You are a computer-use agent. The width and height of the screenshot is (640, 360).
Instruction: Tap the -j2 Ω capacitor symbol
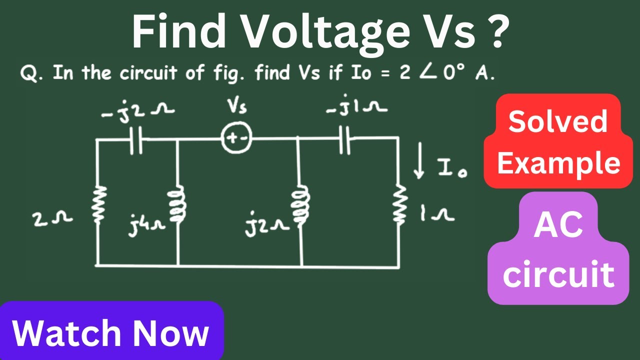click(x=135, y=140)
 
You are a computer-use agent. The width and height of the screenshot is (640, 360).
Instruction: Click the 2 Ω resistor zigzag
click(x=99, y=203)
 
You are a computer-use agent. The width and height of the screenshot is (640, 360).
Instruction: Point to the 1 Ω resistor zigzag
click(x=399, y=203)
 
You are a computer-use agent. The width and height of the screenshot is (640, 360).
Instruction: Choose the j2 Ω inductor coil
click(x=300, y=204)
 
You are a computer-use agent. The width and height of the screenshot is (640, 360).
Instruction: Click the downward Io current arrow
click(x=419, y=160)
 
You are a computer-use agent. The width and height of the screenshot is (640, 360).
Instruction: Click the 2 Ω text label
click(x=52, y=219)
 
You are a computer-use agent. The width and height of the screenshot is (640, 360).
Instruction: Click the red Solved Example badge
click(x=558, y=141)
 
